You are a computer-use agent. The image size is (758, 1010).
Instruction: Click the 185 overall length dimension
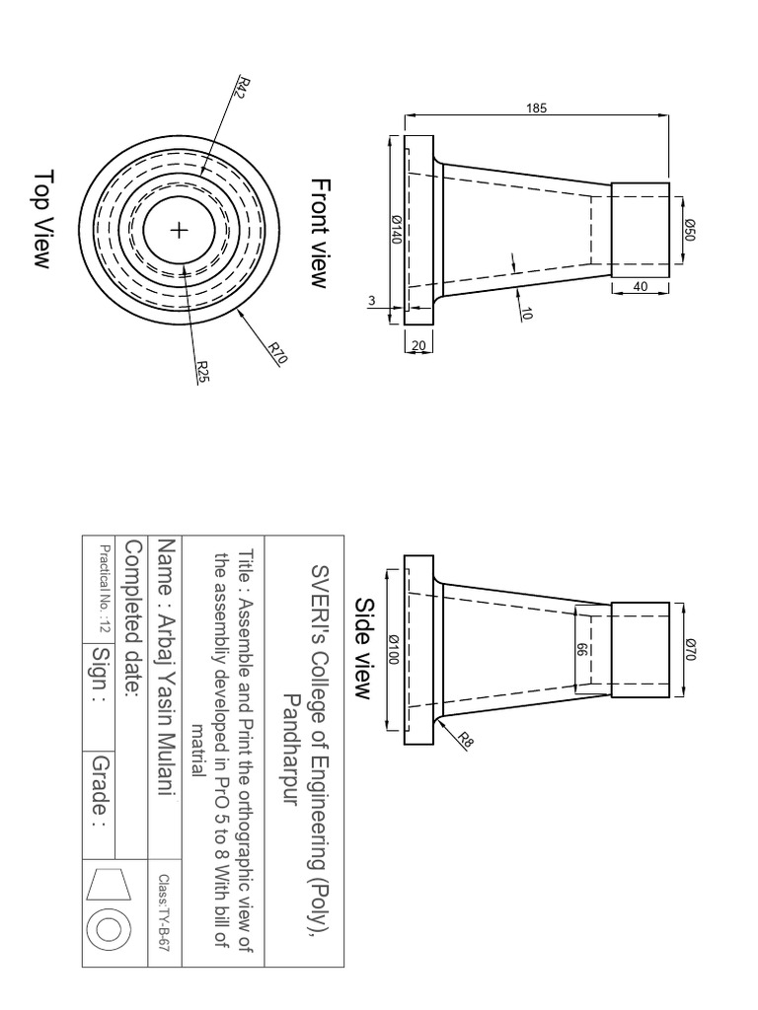pyautogui.click(x=536, y=108)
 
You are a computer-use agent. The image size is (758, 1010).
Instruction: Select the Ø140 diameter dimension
pyautogui.click(x=395, y=231)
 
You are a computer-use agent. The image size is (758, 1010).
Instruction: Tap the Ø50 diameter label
pyautogui.click(x=690, y=231)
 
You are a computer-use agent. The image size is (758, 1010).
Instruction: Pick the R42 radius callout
pyautogui.click(x=240, y=87)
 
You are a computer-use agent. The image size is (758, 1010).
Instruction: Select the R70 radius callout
pyautogui.click(x=276, y=352)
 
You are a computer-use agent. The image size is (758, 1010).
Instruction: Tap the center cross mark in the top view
pyautogui.click(x=179, y=231)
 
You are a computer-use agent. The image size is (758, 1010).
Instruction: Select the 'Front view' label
pyautogui.click(x=318, y=233)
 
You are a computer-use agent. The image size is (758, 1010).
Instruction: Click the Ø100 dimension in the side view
pyautogui.click(x=395, y=647)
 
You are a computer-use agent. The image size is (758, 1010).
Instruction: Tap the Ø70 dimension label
pyautogui.click(x=690, y=648)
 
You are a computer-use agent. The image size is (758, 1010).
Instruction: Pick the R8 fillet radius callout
pyautogui.click(x=465, y=738)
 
